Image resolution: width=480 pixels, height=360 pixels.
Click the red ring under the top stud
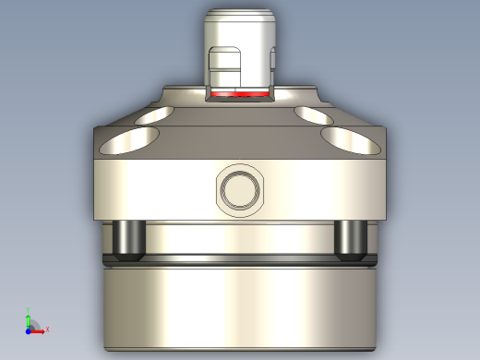click(240, 94)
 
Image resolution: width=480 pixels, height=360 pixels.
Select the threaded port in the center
click(241, 190)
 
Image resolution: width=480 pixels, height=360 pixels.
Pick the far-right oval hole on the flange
click(352, 141)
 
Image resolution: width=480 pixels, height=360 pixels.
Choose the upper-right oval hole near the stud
click(314, 114)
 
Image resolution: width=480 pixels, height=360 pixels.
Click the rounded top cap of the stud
click(240, 20)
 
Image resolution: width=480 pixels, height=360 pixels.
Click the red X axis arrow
click(39, 330)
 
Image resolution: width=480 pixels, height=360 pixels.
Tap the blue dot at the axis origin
click(29, 330)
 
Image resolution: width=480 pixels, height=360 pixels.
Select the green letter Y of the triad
click(30, 311)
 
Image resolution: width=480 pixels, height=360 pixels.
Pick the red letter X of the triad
click(47, 330)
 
